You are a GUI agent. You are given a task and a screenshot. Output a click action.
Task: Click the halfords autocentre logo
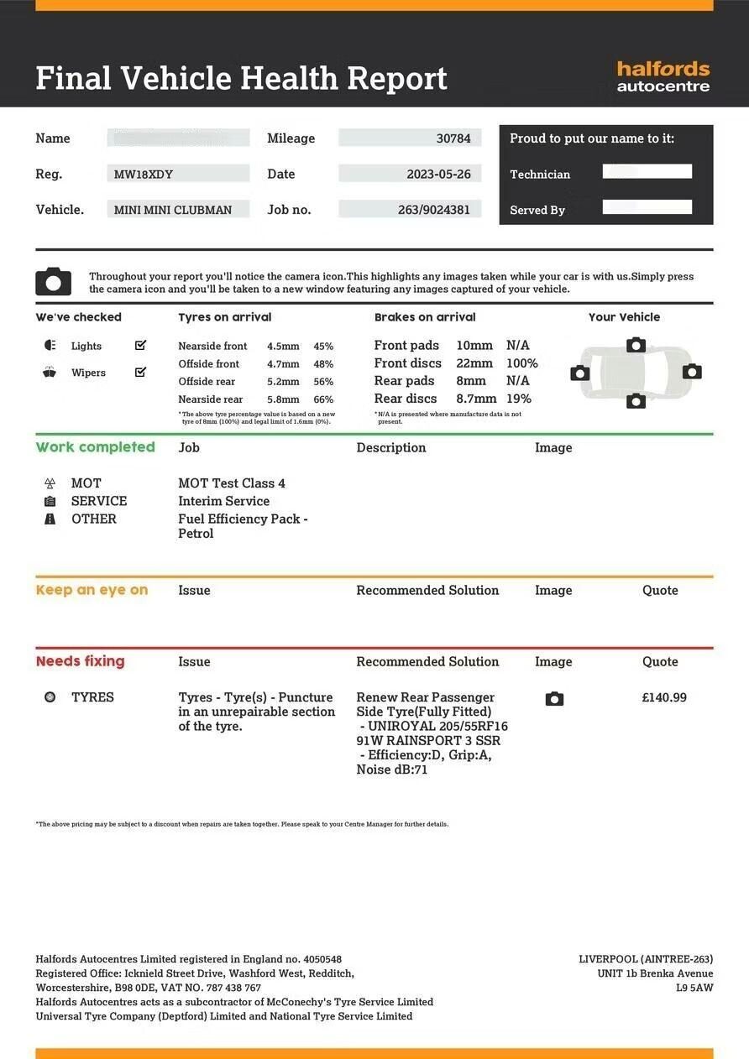(663, 76)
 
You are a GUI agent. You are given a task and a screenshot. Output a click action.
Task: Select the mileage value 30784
(453, 138)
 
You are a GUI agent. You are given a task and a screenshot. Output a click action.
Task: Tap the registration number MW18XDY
(144, 175)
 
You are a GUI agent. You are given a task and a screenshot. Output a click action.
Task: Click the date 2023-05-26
(438, 175)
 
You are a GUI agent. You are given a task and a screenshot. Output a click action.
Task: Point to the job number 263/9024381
(434, 210)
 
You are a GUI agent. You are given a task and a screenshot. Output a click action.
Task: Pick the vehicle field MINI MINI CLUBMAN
(173, 210)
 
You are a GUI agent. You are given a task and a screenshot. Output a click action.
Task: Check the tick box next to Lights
(140, 345)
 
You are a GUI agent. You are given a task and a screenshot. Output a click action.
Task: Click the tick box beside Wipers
(140, 372)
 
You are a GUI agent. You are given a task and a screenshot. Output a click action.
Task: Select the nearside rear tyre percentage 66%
(323, 399)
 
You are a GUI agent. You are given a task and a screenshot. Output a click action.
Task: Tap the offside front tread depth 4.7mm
(283, 364)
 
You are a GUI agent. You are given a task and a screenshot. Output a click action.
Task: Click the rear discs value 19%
(519, 399)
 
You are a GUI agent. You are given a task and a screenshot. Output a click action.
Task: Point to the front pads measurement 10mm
(474, 345)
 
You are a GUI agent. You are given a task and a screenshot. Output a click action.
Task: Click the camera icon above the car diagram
(636, 345)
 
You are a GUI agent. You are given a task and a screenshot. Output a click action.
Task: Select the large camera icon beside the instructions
(53, 282)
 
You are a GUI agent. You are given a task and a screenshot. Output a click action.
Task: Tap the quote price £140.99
(663, 697)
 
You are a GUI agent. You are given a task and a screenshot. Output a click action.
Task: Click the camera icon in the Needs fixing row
(554, 699)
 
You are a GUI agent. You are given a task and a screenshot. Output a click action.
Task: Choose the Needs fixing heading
(80, 661)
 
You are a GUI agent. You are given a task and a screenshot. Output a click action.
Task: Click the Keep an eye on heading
(92, 590)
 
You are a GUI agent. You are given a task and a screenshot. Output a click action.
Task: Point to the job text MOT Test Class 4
(232, 483)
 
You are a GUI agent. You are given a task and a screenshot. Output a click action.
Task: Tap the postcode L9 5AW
(694, 988)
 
